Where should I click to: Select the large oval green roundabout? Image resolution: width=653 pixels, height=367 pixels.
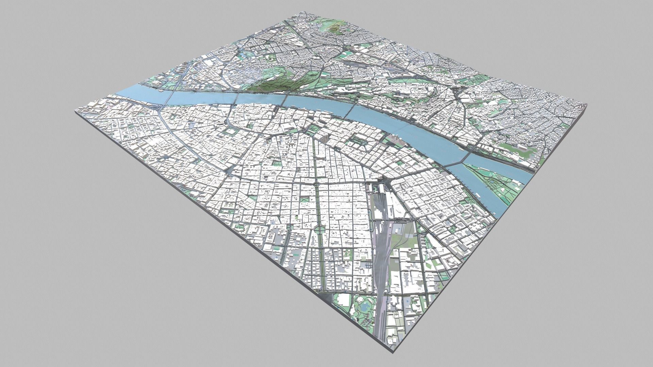320,230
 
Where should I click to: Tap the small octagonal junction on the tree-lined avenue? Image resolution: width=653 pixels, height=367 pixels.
316,183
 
